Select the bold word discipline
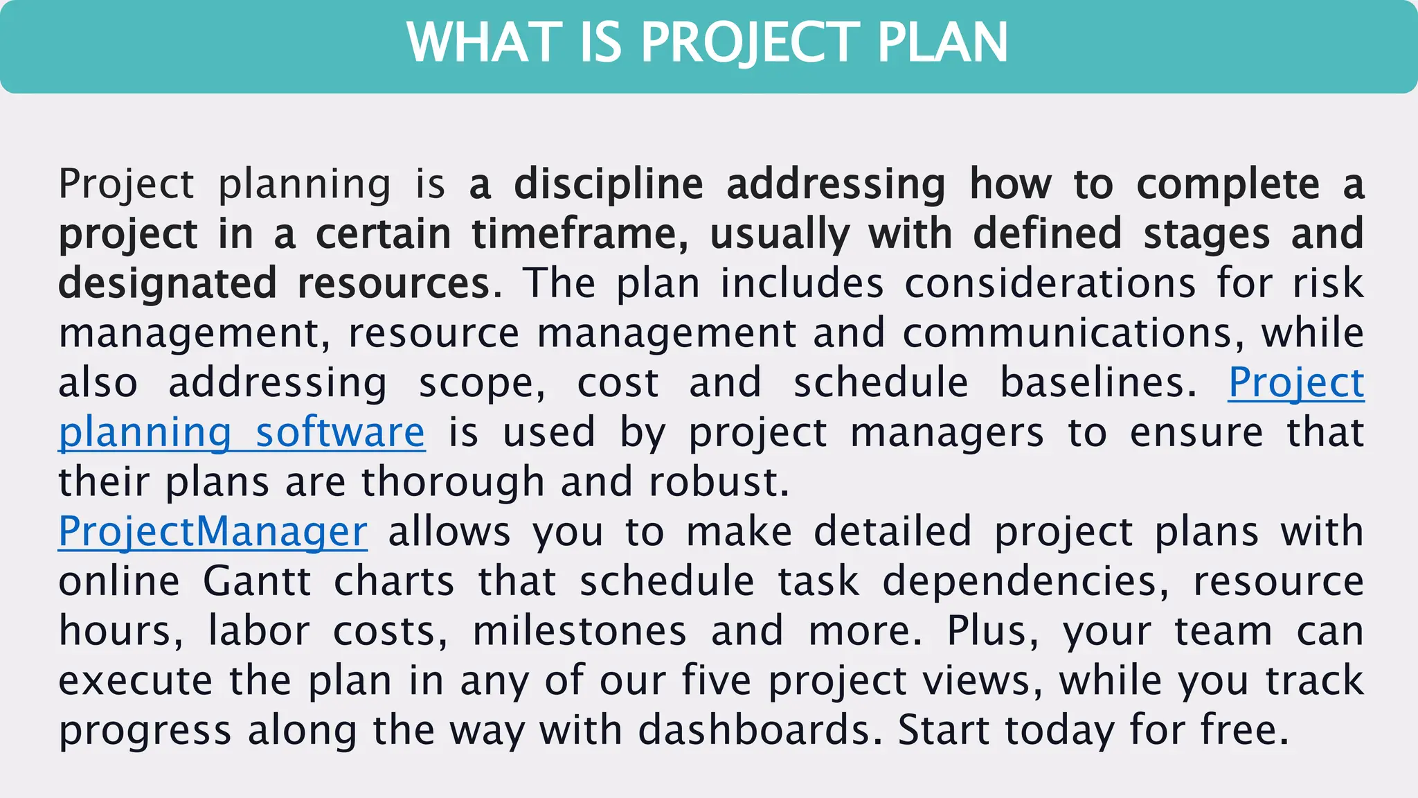click(x=609, y=184)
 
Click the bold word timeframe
click(x=579, y=234)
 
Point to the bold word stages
click(x=1206, y=234)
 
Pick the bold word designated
click(x=168, y=284)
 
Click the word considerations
click(x=1050, y=284)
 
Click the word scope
click(x=482, y=384)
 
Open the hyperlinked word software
click(x=340, y=434)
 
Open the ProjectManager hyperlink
click(x=213, y=532)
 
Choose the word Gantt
click(x=257, y=581)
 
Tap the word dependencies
click(x=1025, y=581)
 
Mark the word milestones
click(x=580, y=631)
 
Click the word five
click(x=717, y=681)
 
